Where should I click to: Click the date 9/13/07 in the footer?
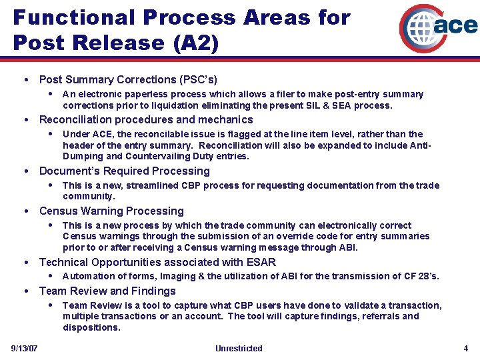pyautogui.click(x=25, y=349)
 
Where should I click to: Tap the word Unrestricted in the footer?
pyautogui.click(x=239, y=349)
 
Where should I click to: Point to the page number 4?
pyautogui.click(x=466, y=349)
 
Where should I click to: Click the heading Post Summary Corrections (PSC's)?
pyautogui.click(x=128, y=80)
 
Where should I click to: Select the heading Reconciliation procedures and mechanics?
pyautogui.click(x=146, y=120)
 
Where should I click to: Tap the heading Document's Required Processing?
pyautogui.click(x=124, y=171)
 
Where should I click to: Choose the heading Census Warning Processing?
pyautogui.click(x=111, y=211)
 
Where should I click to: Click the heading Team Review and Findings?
pyautogui.click(x=107, y=291)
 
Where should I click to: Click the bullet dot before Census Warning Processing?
pyautogui.click(x=25, y=211)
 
